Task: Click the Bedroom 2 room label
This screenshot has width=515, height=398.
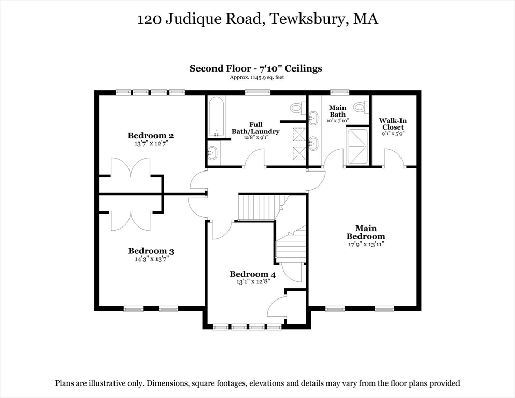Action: [151, 135]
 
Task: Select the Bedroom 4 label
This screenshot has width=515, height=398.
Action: [252, 274]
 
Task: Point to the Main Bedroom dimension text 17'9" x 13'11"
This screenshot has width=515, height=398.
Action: [366, 244]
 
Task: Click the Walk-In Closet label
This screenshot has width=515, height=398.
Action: [393, 124]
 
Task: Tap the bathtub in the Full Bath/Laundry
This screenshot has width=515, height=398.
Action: [217, 117]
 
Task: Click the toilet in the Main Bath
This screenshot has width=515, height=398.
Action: [361, 106]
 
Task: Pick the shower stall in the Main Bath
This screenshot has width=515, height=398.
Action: [357, 146]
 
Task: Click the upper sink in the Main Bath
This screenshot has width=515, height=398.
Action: [313, 117]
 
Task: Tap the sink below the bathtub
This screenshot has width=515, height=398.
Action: [212, 153]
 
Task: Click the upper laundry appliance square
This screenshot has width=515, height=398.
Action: [299, 134]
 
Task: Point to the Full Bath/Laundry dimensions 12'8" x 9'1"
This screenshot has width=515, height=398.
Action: [256, 138]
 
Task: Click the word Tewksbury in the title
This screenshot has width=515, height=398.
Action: [308, 19]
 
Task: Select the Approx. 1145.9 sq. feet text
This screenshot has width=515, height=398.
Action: [257, 78]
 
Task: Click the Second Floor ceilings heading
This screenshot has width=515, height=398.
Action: [256, 68]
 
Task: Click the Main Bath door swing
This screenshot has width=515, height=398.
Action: [334, 158]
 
